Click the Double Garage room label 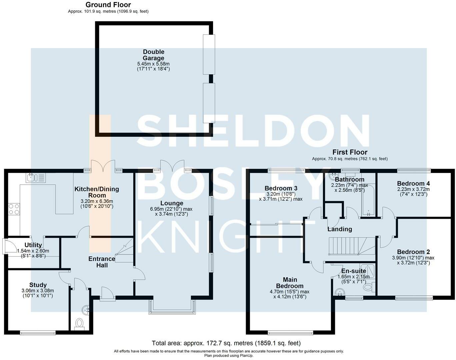[153, 55]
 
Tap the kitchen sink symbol [36, 178]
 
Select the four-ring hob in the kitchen [14, 209]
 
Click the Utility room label [33, 245]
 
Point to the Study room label [38, 285]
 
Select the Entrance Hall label [102, 262]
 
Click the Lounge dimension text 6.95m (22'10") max [171, 209]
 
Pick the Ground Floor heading [108, 5]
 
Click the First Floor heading [350, 152]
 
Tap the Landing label [340, 229]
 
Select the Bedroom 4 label [413, 183]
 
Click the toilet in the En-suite [369, 287]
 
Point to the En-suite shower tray [367, 272]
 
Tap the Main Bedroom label [290, 283]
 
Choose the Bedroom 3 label [281, 188]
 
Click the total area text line [226, 343]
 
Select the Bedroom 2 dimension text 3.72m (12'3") [413, 263]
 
